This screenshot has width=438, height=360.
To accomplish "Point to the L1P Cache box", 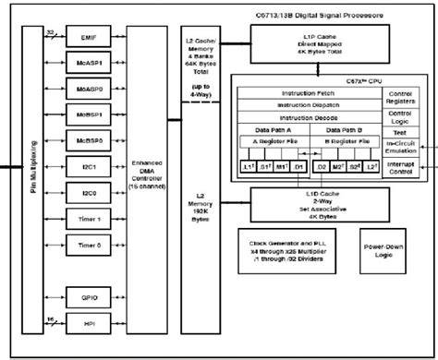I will tap(309, 41).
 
